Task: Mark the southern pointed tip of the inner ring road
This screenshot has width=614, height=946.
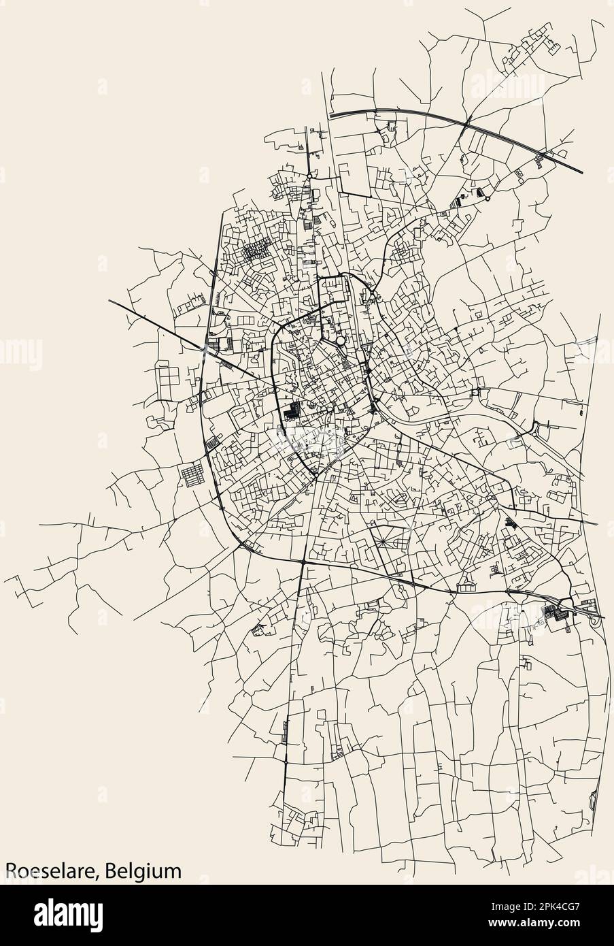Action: pos(316,475)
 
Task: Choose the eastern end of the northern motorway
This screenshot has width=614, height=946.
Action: pos(583,172)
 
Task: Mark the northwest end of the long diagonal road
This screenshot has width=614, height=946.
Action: pos(109,298)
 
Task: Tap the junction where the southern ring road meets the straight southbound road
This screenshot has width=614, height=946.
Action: pos(301,562)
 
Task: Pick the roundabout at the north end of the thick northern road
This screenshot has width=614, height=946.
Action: pos(309,176)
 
